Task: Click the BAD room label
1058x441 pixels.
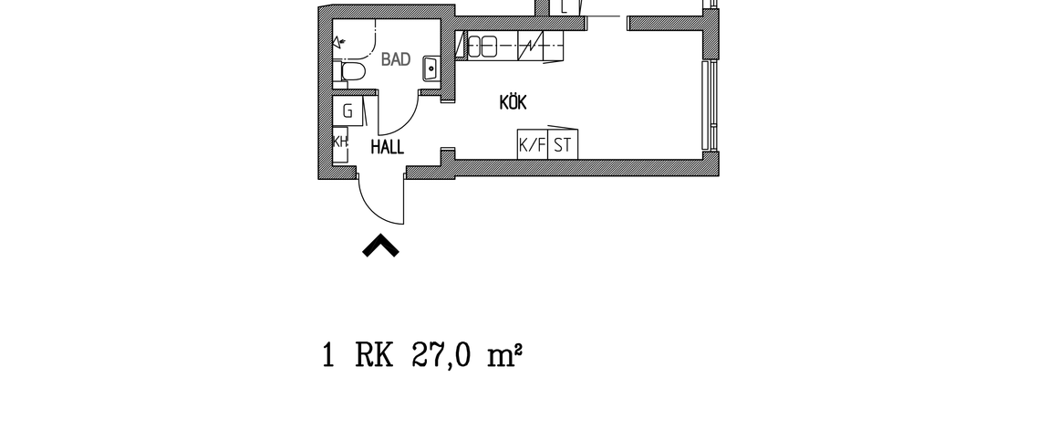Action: click(x=395, y=60)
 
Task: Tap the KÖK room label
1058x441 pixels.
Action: click(x=513, y=102)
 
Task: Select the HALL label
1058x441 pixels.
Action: click(x=388, y=147)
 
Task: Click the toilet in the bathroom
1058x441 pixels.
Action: click(x=350, y=73)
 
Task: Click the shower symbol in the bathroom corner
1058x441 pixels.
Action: click(x=341, y=40)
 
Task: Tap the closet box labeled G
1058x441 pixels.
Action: click(x=347, y=111)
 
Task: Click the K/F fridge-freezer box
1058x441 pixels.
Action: click(x=532, y=144)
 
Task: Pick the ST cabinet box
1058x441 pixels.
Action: click(x=563, y=144)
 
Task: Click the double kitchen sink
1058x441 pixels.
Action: click(x=482, y=45)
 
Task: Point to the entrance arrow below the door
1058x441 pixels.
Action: click(x=380, y=247)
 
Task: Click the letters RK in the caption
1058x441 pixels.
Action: click(x=374, y=355)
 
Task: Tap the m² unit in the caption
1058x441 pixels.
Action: click(x=503, y=355)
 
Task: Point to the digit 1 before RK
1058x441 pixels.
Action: click(x=328, y=355)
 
